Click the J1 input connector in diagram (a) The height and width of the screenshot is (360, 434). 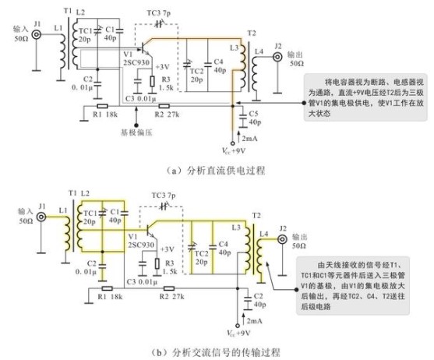click(36, 34)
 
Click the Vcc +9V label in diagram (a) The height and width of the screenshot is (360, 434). click(234, 150)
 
